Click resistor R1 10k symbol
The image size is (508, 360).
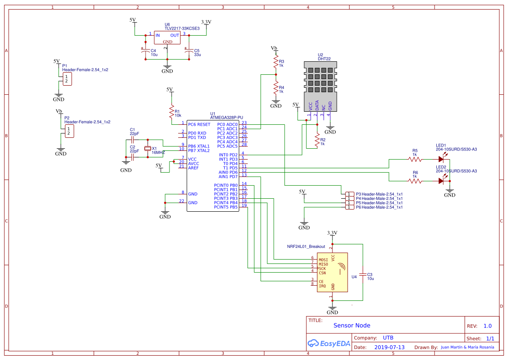click(x=171, y=113)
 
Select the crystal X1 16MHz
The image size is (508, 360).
click(x=148, y=149)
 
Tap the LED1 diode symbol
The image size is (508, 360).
click(x=442, y=159)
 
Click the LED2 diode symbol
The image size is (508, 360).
click(x=442, y=181)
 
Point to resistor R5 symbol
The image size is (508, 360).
click(x=415, y=159)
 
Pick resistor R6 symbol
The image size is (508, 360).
click(x=415, y=181)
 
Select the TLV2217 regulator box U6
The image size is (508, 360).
click(x=167, y=37)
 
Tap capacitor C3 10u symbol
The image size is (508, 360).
click(x=363, y=275)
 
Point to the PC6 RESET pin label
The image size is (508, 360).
click(x=199, y=124)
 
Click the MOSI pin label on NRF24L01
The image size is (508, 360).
click(x=323, y=260)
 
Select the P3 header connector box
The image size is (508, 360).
click(x=349, y=194)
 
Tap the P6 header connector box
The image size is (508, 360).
click(x=349, y=207)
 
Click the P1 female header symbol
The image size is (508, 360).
click(x=67, y=79)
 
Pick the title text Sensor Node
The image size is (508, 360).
click(x=352, y=325)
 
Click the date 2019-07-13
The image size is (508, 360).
click(x=389, y=347)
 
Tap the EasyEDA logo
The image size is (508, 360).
click(x=329, y=343)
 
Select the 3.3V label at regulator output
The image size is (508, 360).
click(x=206, y=22)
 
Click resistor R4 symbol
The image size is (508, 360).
click(x=276, y=89)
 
